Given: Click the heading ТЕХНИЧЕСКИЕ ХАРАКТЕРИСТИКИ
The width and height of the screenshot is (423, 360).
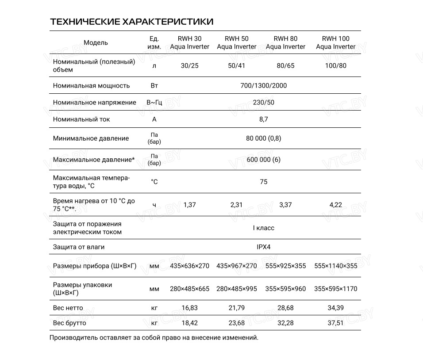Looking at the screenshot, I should [131, 22].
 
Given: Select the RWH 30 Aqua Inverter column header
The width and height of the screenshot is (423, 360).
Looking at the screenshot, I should [190, 42].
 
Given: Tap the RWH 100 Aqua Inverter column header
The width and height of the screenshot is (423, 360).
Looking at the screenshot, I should [335, 42].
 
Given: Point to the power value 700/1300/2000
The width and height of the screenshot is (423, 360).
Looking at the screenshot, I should [263, 85].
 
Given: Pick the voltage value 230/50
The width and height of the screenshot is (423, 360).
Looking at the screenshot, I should [263, 102].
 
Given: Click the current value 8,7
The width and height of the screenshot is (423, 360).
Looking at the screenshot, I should [263, 119].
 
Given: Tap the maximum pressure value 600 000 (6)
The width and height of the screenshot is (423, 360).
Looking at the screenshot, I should [263, 159].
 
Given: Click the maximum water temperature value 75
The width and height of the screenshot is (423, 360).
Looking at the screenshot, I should [263, 182].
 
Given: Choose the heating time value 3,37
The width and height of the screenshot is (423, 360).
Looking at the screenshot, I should [285, 205].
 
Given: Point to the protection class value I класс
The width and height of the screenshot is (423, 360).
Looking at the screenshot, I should [263, 228].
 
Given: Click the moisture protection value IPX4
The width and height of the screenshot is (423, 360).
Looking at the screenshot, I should [263, 247].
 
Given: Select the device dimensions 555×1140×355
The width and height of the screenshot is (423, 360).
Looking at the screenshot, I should [335, 266].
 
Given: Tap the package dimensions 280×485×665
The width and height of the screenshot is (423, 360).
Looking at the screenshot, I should [190, 289].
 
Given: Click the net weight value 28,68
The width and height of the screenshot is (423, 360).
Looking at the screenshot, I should [285, 308].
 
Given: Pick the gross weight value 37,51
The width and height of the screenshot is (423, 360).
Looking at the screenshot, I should [335, 323].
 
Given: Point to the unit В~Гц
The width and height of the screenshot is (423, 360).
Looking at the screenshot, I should [154, 102].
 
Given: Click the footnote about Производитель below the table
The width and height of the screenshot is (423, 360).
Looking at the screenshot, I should [154, 338].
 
